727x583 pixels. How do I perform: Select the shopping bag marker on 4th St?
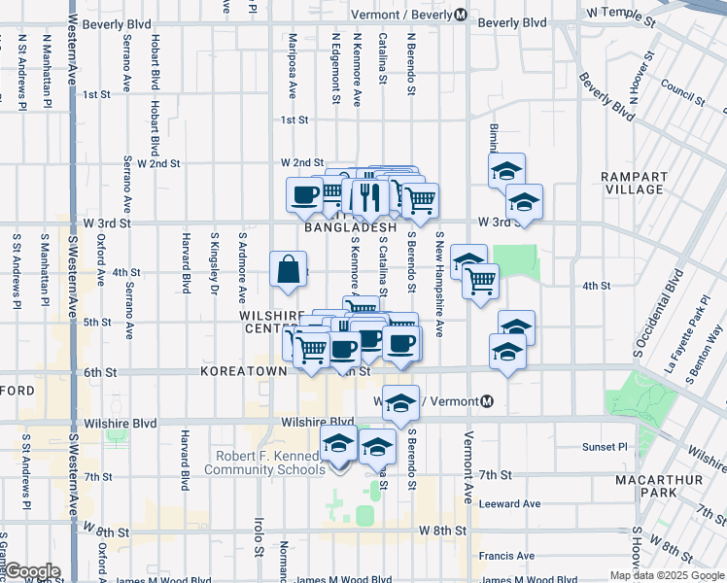point(290,271)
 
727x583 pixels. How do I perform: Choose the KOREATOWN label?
point(244,371)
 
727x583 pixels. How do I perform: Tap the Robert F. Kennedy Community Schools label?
point(270,463)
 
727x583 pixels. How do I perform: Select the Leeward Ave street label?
point(509,503)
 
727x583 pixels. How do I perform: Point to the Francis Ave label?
point(506,556)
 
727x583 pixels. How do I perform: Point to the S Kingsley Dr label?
point(214,263)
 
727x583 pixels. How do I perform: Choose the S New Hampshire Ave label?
point(439,284)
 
